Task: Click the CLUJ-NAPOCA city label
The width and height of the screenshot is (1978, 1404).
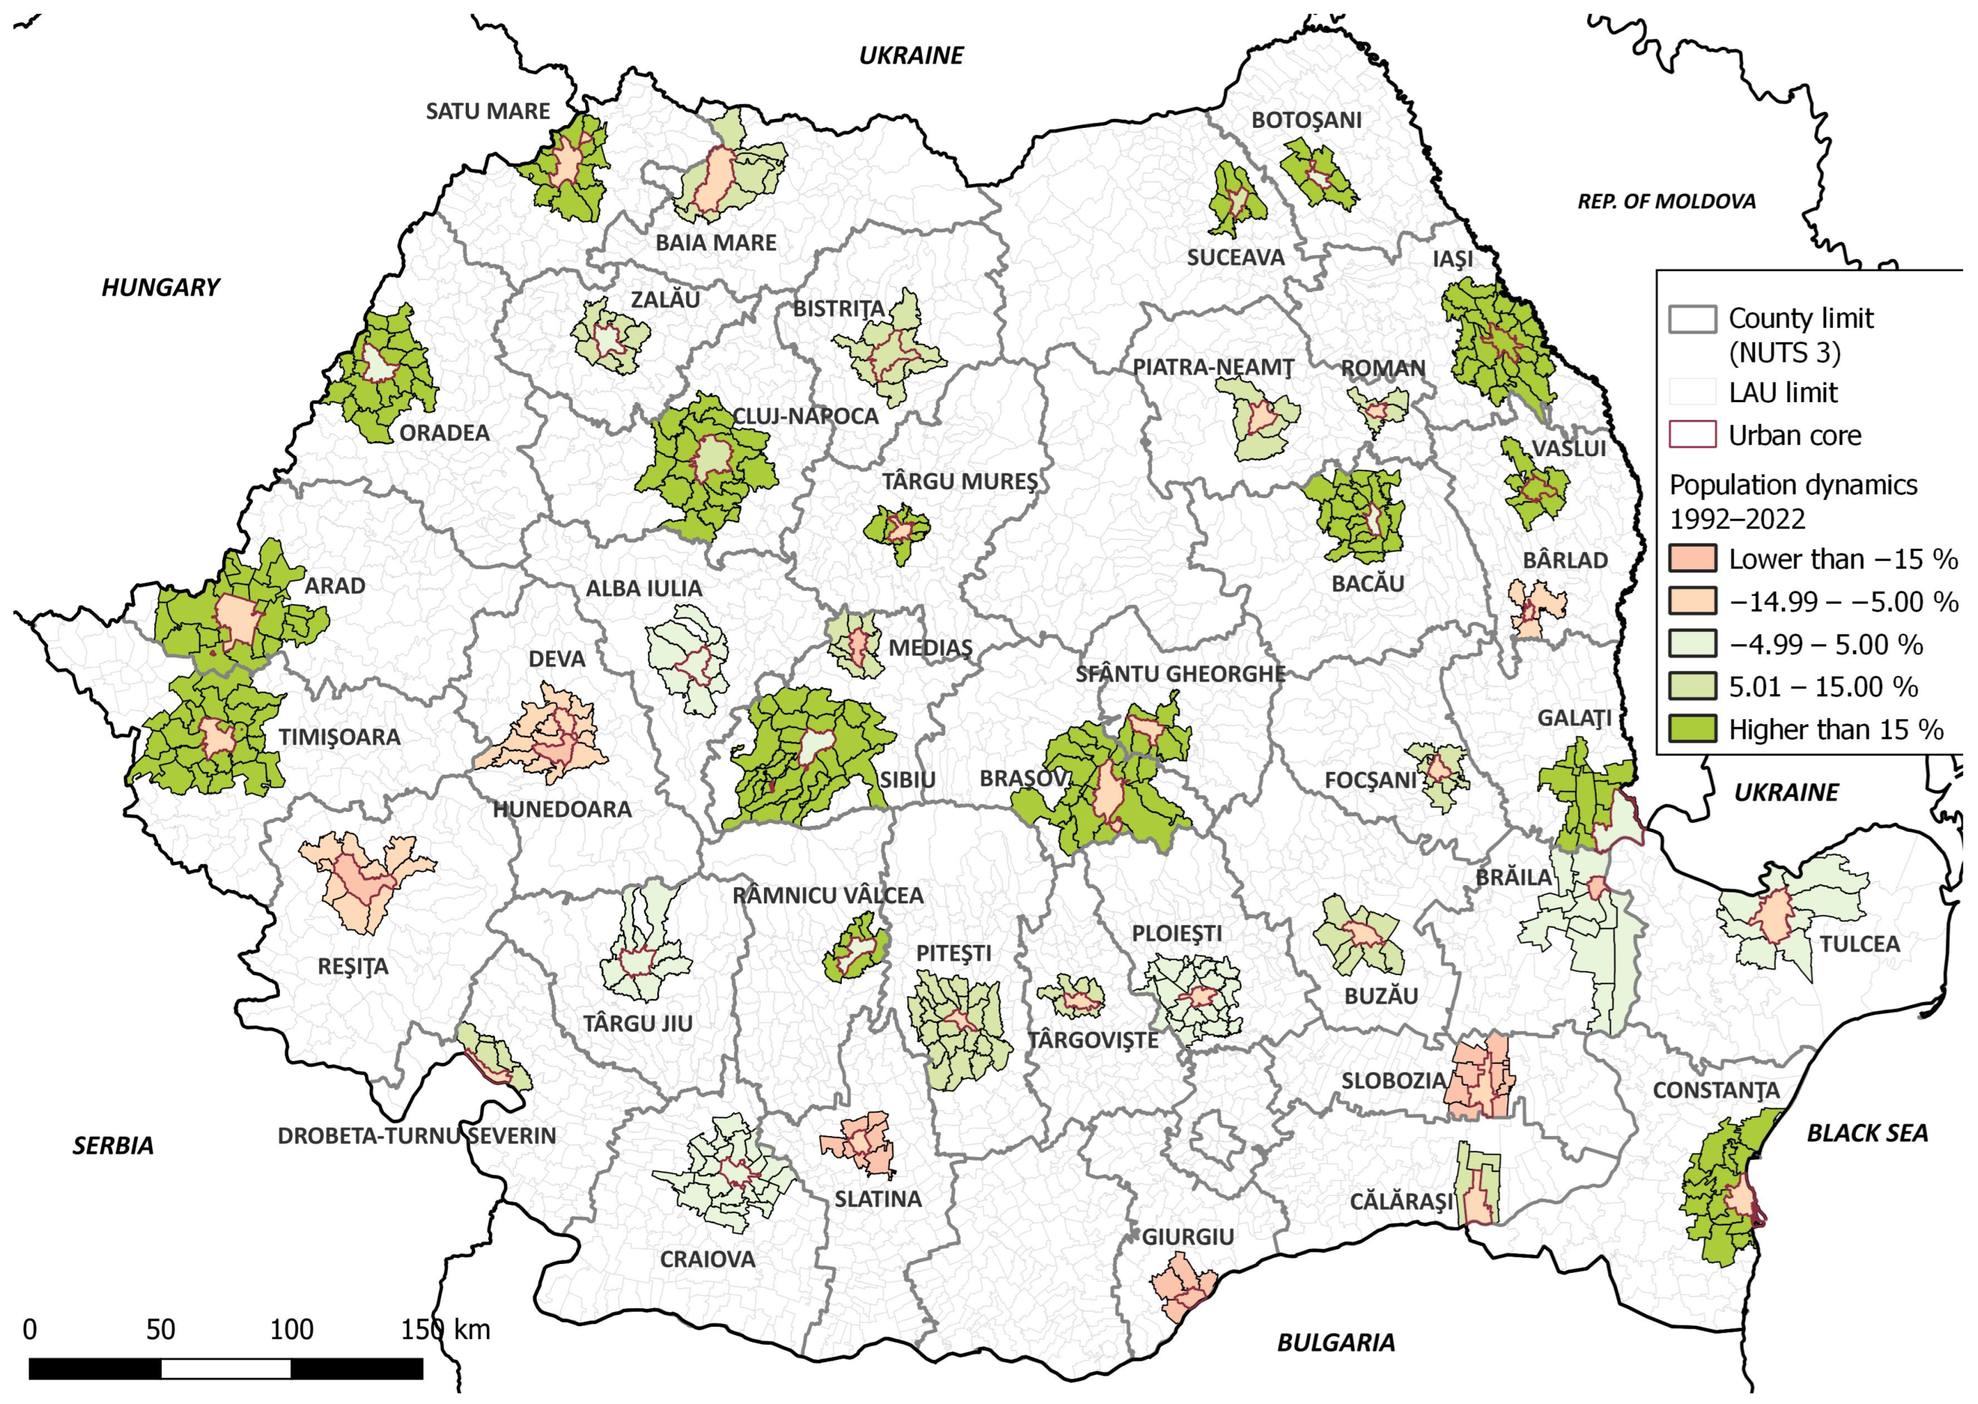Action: [x=805, y=416]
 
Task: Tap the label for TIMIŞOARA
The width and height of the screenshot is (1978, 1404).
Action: [x=339, y=737]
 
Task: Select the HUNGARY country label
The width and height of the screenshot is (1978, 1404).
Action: [x=161, y=287]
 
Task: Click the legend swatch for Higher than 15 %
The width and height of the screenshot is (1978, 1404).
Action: [x=1692, y=729]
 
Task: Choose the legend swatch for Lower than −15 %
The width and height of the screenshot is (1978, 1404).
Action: [x=1692, y=559]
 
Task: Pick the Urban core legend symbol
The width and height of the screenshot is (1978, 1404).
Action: [x=1692, y=435]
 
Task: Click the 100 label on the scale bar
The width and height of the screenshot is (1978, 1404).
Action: [x=292, y=1330]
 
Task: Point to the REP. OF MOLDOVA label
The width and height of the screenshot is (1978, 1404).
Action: [x=1666, y=202]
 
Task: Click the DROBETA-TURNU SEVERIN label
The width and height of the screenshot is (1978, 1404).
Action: [x=417, y=1135]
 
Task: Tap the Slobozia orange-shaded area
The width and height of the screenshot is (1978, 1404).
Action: [x=1480, y=1076]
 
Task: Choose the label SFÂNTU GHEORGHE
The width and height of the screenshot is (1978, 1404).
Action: [x=1180, y=674]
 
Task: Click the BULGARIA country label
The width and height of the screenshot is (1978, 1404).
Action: [x=1336, y=1342]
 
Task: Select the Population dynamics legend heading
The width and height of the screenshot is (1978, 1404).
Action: [x=1793, y=502]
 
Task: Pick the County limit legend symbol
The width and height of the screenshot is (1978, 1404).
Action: [x=1692, y=319]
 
